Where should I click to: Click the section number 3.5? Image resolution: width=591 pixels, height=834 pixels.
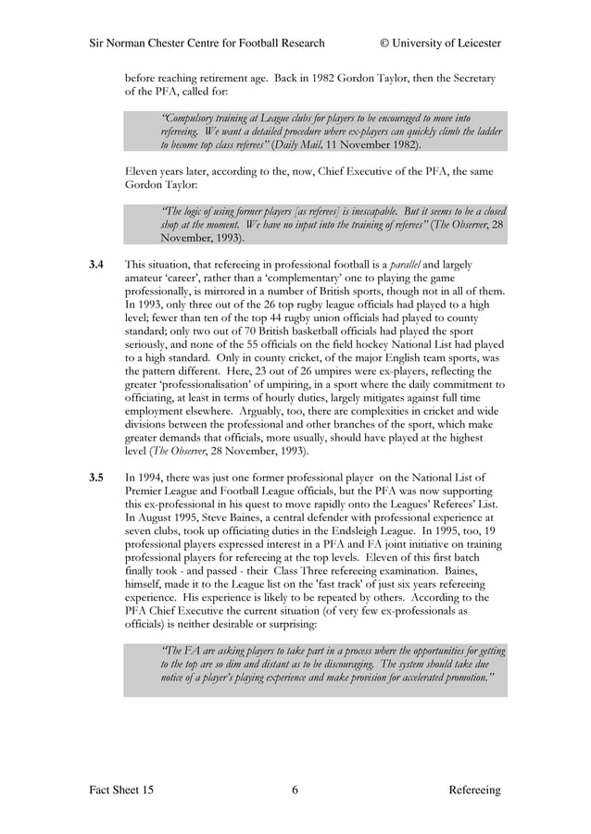pyautogui.click(x=95, y=478)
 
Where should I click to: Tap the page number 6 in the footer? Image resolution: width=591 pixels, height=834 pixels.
pyautogui.click(x=295, y=790)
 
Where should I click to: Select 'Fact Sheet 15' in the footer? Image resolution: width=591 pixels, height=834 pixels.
pyautogui.click(x=121, y=790)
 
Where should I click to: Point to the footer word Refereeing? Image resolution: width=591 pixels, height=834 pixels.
pyautogui.click(x=474, y=790)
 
